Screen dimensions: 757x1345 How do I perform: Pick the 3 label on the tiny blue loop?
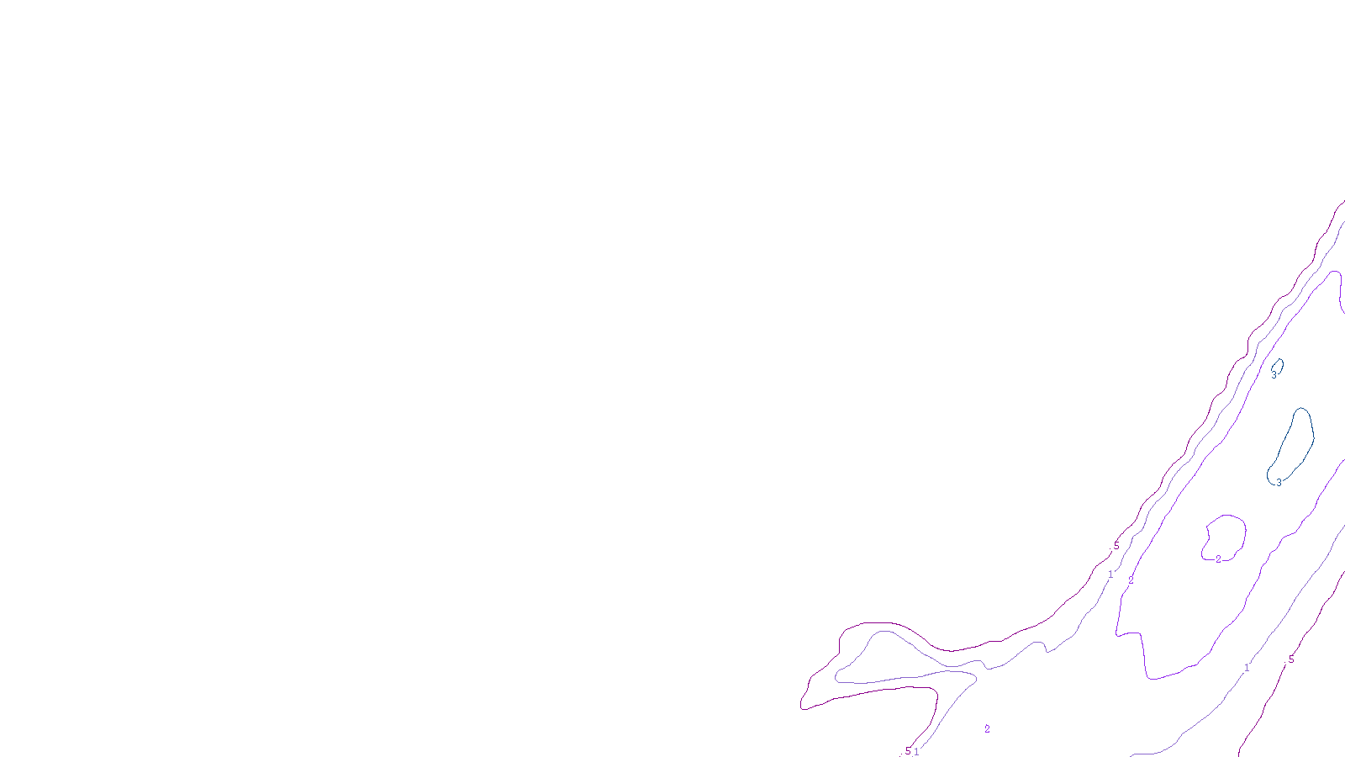pos(1273,375)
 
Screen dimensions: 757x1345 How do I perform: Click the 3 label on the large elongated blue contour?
pos(1279,482)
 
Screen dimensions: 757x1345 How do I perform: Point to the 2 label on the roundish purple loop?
pos(1218,559)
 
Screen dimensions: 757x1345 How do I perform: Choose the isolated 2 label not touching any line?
pos(987,729)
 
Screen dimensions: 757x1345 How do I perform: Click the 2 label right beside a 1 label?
pos(1131,580)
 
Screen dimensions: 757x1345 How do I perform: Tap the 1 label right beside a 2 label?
pos(1110,574)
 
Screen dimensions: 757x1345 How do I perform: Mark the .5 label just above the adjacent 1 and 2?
pos(1116,546)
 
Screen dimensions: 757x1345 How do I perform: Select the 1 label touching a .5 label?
pos(916,751)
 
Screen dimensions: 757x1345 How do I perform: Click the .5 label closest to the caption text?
pos(906,751)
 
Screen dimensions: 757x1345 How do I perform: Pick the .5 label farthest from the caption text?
pos(1290,659)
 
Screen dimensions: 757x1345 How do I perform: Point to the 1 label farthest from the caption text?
pos(1247,668)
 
